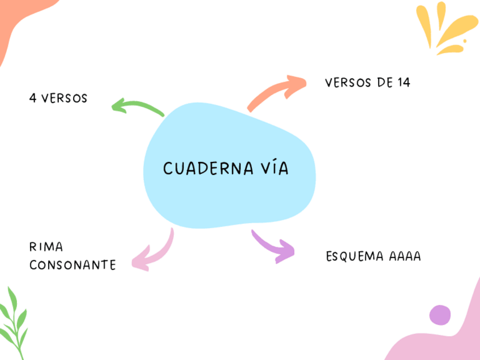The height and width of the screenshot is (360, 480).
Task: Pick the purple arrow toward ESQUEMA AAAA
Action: (x=275, y=246)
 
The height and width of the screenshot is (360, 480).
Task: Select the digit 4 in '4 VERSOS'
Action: (x=33, y=98)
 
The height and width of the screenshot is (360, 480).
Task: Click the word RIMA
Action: (x=46, y=247)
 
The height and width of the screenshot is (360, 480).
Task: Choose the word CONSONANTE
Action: (x=72, y=265)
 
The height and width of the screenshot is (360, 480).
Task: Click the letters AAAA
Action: (x=405, y=256)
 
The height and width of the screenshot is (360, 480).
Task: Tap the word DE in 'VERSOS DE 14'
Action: (x=383, y=83)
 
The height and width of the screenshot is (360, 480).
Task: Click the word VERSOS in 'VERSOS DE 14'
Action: (x=347, y=83)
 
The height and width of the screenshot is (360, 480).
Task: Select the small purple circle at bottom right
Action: (x=440, y=315)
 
